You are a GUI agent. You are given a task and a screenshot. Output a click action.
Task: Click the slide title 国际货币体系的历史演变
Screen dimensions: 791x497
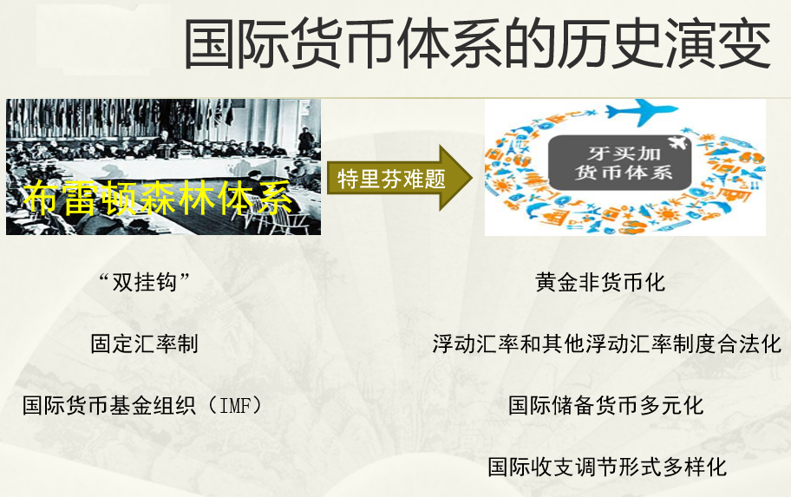pyautogui.click(x=477, y=43)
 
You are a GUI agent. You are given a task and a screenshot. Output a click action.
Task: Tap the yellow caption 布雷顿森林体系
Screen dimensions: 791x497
pyautogui.click(x=158, y=199)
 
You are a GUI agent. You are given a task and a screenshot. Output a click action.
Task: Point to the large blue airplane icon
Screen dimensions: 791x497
pyautogui.click(x=640, y=111)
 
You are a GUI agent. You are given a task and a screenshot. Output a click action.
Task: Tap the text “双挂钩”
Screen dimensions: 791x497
pyautogui.click(x=144, y=282)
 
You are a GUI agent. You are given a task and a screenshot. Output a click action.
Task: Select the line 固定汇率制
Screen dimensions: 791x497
pyautogui.click(x=144, y=343)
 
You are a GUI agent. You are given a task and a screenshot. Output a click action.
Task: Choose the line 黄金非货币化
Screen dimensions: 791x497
pyautogui.click(x=600, y=282)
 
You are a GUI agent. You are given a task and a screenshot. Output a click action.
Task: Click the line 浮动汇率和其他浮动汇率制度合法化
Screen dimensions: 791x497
pyautogui.click(x=607, y=343)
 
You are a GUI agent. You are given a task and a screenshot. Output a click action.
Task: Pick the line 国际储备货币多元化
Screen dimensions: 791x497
pyautogui.click(x=606, y=405)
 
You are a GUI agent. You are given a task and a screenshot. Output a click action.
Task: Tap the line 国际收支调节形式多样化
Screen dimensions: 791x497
pyautogui.click(x=607, y=467)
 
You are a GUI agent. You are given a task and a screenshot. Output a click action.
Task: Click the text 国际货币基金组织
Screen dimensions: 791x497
pyautogui.click(x=109, y=405)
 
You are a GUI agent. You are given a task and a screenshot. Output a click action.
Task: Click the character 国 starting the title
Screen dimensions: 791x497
pyautogui.click(x=211, y=43)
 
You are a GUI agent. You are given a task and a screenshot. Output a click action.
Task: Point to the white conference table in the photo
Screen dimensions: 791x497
pyautogui.click(x=167, y=167)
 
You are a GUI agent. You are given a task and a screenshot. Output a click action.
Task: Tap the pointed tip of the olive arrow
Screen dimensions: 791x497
pyautogui.click(x=472, y=178)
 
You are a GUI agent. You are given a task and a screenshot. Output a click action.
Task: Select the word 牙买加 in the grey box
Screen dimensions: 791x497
pyautogui.click(x=624, y=153)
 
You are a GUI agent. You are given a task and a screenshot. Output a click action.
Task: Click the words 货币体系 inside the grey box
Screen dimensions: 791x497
pyautogui.click(x=624, y=173)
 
